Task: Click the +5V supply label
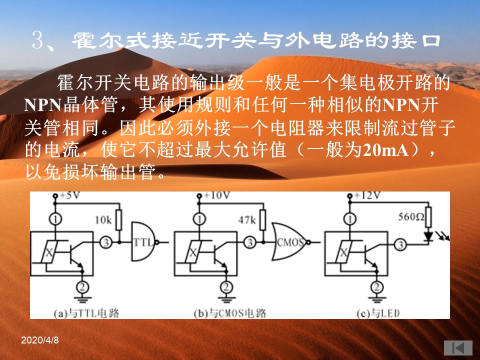click(x=70, y=195)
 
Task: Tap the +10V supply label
click(x=216, y=195)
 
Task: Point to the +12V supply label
click(x=367, y=195)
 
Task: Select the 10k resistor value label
click(x=103, y=220)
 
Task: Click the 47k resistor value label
click(x=247, y=220)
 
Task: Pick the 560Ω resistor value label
click(x=411, y=217)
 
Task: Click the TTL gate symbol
click(x=144, y=242)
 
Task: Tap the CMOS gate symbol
click(x=290, y=242)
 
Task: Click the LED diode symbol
click(x=428, y=236)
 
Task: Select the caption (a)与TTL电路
click(x=86, y=313)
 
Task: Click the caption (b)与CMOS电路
click(x=230, y=313)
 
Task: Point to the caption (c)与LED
click(x=378, y=313)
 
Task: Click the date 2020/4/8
click(x=40, y=340)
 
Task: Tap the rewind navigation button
click(x=458, y=348)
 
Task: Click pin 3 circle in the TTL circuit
click(x=106, y=242)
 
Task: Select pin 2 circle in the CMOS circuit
click(x=226, y=287)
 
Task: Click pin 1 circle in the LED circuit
click(x=350, y=219)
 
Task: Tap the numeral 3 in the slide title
click(x=38, y=40)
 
